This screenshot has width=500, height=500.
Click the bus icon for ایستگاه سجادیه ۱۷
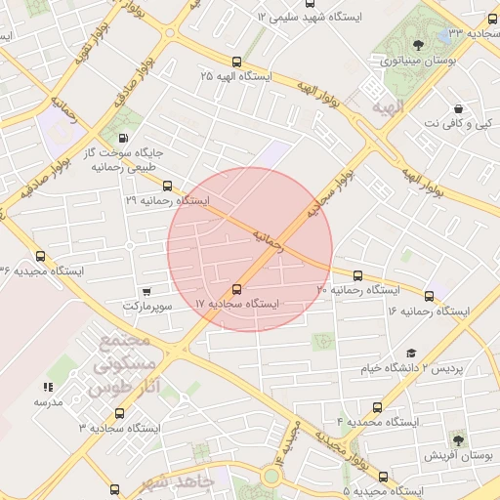(236, 289)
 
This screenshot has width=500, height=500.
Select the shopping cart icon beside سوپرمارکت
(146, 291)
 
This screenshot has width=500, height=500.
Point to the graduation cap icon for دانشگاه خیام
(411, 353)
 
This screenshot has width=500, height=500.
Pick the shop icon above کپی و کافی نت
(459, 108)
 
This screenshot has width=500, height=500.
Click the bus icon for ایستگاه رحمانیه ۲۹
(167, 185)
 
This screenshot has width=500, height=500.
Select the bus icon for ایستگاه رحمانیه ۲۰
(357, 275)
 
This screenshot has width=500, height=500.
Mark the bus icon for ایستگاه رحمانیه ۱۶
(429, 295)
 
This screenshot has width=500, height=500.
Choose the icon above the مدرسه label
(49, 387)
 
